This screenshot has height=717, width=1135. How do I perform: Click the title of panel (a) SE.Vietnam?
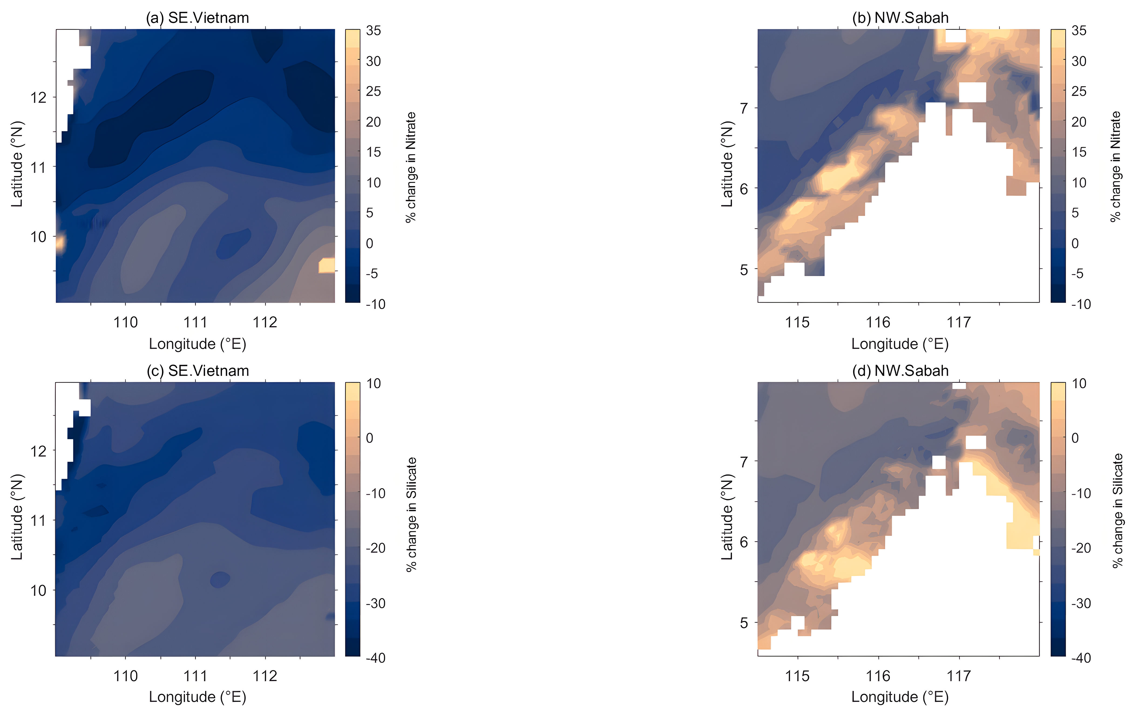click(x=198, y=18)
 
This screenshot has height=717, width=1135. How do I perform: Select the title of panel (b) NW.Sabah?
click(x=900, y=18)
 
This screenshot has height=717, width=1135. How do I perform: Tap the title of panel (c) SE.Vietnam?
click(x=198, y=371)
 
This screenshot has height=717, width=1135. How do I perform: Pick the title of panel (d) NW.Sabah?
click(x=900, y=371)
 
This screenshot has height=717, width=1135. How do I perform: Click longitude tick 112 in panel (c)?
click(x=265, y=676)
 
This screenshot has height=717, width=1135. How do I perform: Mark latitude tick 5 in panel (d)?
click(x=744, y=623)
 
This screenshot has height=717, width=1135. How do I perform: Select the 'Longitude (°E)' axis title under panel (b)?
click(x=900, y=344)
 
